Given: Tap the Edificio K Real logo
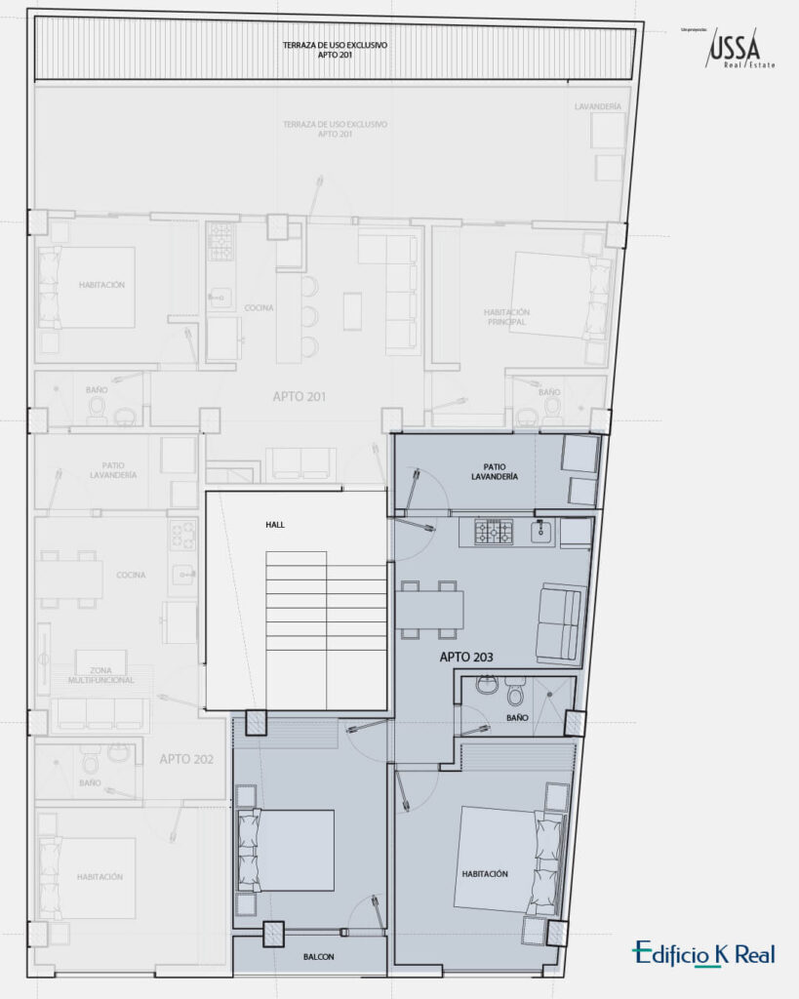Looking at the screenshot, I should [x=703, y=953].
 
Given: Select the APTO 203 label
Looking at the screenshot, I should [x=466, y=658].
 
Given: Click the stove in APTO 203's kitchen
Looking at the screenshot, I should [x=494, y=532].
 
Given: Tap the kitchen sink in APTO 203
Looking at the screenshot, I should [x=543, y=532].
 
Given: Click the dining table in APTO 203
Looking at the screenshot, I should [x=429, y=610].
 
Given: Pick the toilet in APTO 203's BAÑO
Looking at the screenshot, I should [x=517, y=694].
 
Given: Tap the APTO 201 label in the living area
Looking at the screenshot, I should [x=299, y=397].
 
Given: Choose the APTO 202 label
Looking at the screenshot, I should [x=187, y=758].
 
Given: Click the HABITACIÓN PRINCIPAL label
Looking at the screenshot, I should [x=505, y=316].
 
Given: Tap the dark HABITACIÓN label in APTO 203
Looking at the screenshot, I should [x=485, y=874].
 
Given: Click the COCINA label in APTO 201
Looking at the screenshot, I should [x=259, y=307].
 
